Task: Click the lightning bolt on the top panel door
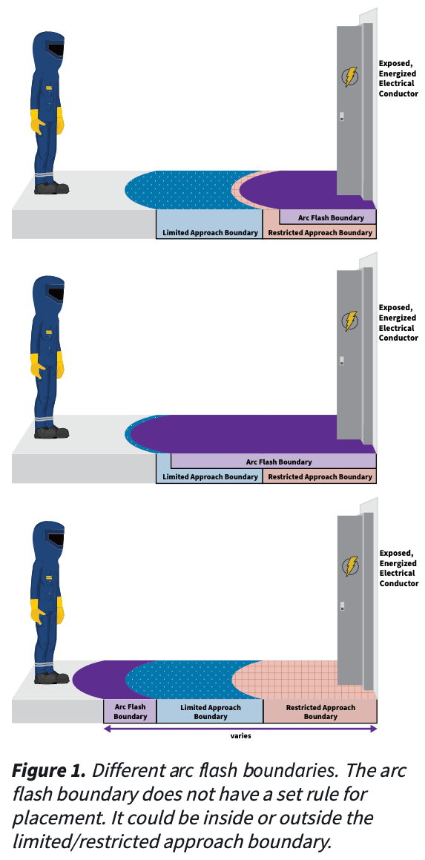pyautogui.click(x=350, y=76)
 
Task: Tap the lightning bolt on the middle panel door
pyautogui.click(x=350, y=321)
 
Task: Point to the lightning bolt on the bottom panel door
pyautogui.click(x=350, y=567)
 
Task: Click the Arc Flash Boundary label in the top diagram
pyautogui.click(x=328, y=217)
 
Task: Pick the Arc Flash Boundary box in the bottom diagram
pyautogui.click(x=130, y=712)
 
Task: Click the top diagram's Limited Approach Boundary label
pyautogui.click(x=210, y=232)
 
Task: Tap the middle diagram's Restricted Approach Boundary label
pyautogui.click(x=320, y=476)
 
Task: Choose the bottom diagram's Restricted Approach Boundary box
pyautogui.click(x=320, y=712)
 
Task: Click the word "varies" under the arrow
pyautogui.click(x=241, y=735)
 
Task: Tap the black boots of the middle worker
pyautogui.click(x=51, y=432)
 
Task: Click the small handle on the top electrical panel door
pyautogui.click(x=342, y=116)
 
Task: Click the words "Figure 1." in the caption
pyautogui.click(x=49, y=770)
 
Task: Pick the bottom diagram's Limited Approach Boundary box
pyautogui.click(x=210, y=712)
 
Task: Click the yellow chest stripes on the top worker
pyautogui.click(x=50, y=88)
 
